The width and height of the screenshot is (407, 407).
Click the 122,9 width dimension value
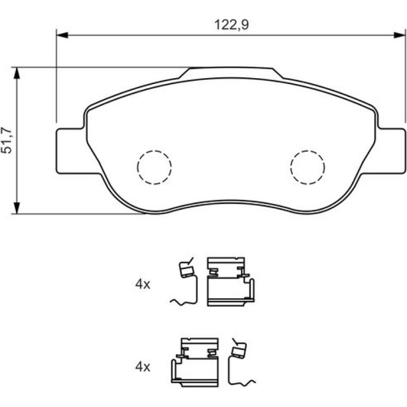pyautogui.click(x=232, y=25)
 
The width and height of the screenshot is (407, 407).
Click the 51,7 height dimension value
pyautogui.click(x=6, y=141)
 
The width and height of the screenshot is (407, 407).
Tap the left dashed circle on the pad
pyautogui.click(x=154, y=168)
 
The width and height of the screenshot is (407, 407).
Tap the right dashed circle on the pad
pyautogui.click(x=308, y=168)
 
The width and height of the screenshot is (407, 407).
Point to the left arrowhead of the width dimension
pyautogui.click(x=62, y=35)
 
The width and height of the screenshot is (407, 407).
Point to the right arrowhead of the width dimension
pyautogui.click(x=400, y=35)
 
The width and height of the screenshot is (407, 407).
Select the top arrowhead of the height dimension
pyautogui.click(x=16, y=73)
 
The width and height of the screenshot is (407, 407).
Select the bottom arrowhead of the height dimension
pyautogui.click(x=16, y=208)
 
